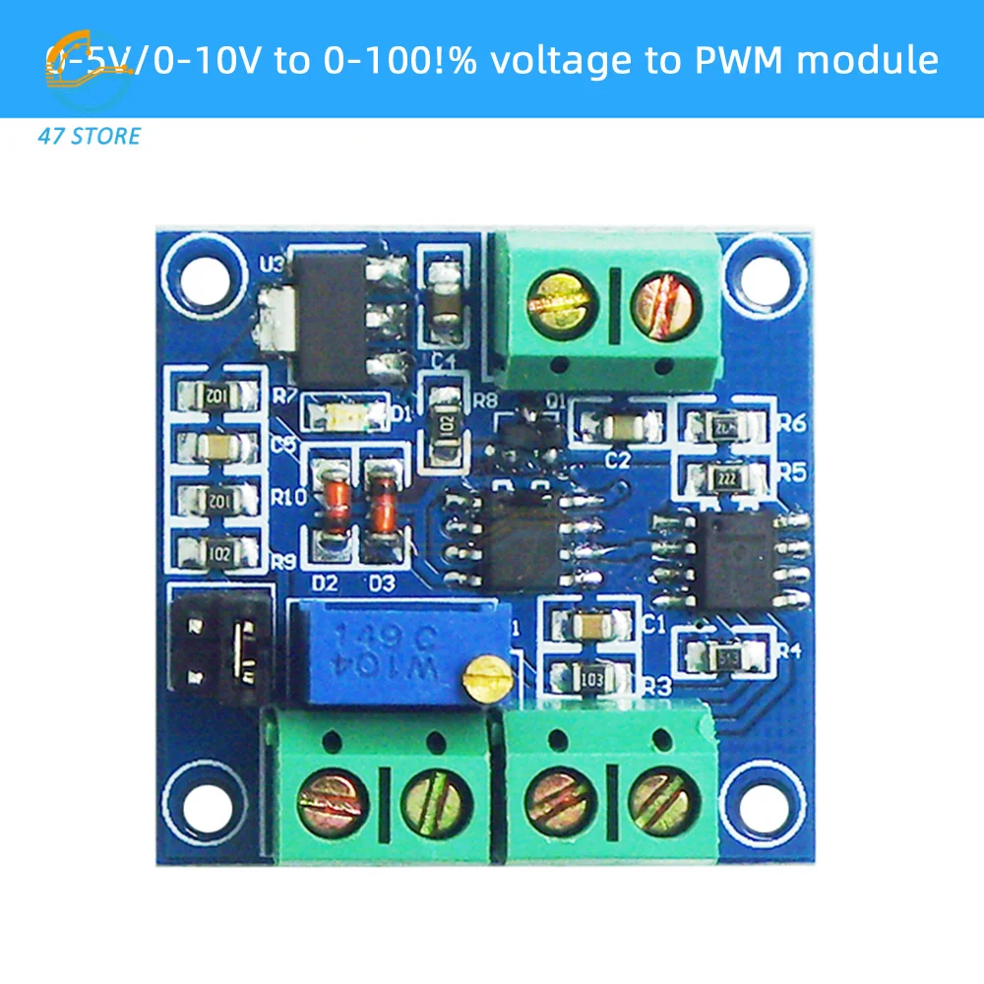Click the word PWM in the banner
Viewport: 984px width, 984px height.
734,60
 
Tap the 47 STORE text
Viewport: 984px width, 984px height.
89,136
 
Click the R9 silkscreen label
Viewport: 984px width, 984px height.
283,562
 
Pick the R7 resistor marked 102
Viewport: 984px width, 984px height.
216,397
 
